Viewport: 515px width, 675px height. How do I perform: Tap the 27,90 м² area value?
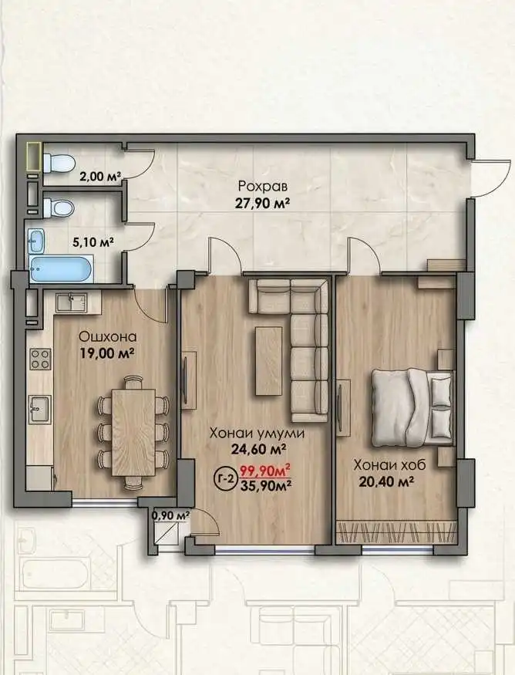click(x=261, y=203)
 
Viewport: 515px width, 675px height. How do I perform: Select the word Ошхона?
click(x=109, y=336)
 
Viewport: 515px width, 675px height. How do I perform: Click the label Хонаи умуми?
click(x=257, y=433)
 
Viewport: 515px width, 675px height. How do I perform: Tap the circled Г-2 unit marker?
click(x=225, y=478)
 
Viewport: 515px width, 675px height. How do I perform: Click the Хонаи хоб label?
click(x=389, y=465)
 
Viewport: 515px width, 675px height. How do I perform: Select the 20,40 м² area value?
click(x=386, y=481)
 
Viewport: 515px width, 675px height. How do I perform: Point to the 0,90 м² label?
click(x=172, y=515)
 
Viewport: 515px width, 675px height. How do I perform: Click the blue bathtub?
click(x=62, y=269)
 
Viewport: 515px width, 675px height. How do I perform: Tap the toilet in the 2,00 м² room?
click(x=59, y=163)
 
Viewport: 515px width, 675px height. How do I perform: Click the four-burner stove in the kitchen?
click(x=40, y=359)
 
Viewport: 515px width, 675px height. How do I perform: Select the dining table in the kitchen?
click(x=133, y=432)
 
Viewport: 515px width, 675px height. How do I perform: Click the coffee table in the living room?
click(x=268, y=361)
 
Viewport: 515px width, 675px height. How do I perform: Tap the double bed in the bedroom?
click(x=412, y=407)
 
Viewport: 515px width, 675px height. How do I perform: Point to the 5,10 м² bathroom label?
click(x=93, y=242)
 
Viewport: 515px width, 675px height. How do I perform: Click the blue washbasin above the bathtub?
click(x=36, y=241)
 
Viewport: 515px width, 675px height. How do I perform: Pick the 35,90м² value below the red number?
click(x=264, y=485)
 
